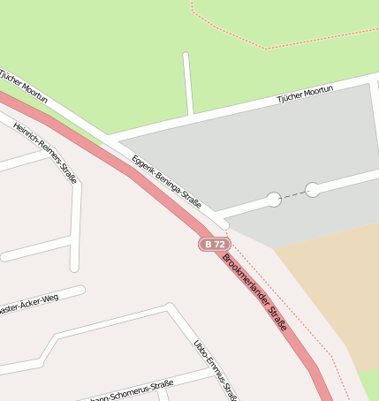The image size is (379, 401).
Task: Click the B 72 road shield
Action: coord(215,244)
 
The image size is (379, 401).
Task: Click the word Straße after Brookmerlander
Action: coord(277,318)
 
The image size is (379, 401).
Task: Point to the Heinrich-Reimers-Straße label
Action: coord(45,152)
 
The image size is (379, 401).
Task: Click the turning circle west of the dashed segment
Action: coord(274,200)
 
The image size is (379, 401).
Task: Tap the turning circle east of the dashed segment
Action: coord(313,189)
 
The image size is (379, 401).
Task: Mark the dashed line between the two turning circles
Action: coord(293,194)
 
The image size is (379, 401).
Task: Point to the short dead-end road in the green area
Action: coord(187,84)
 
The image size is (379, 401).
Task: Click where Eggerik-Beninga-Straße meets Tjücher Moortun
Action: coord(108,139)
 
